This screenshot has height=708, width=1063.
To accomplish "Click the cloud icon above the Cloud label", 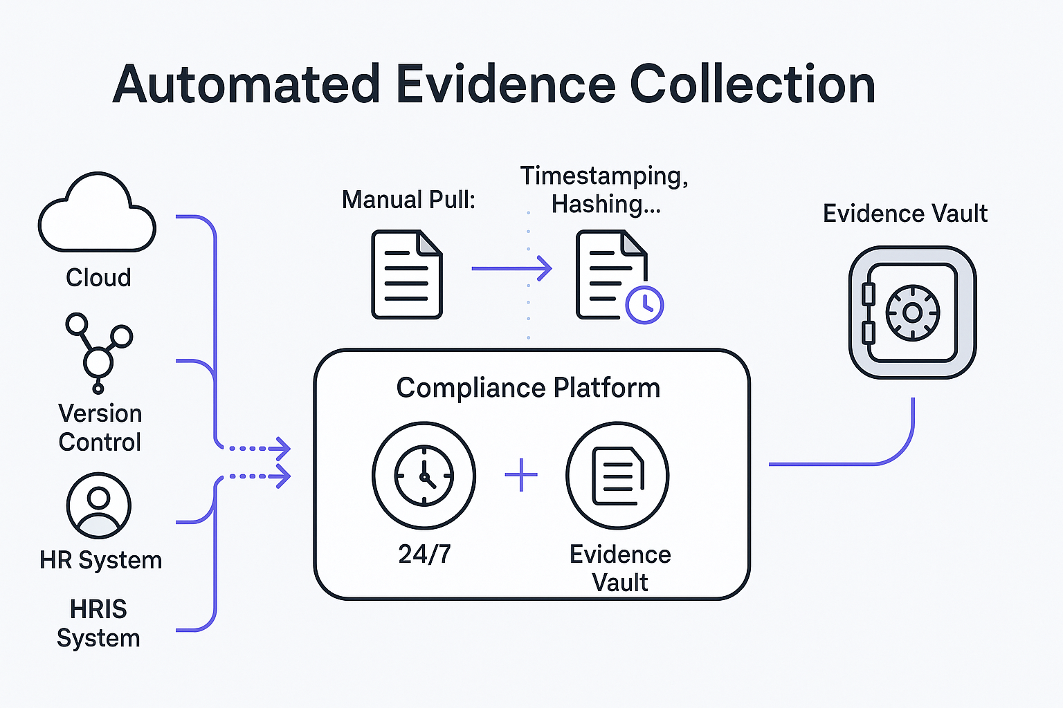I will point(97,214).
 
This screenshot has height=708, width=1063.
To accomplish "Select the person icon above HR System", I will point(99,505).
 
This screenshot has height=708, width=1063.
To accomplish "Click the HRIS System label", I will point(98,623).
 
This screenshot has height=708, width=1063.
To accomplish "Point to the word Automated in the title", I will point(246,84).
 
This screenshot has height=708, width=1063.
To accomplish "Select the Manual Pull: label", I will point(408,200).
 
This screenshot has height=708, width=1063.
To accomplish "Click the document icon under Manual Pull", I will point(407,274).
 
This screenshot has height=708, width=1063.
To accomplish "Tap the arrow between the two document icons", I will point(512,268).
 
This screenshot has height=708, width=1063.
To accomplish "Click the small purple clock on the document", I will point(644,304).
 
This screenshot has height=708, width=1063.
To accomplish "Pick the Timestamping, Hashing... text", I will point(604,189).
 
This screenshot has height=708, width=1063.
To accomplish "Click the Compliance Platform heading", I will point(528,388).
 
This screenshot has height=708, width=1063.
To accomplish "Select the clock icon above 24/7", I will point(424,476).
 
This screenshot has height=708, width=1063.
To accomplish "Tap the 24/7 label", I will point(424,554).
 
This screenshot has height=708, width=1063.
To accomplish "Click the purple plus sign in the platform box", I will point(521,476).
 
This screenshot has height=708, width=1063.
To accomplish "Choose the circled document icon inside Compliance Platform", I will point(617,476).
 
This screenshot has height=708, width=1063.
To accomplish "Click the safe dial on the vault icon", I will point(912,313).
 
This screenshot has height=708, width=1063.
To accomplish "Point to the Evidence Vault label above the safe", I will point(905,214).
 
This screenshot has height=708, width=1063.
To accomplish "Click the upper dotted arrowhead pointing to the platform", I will point(282,448).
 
